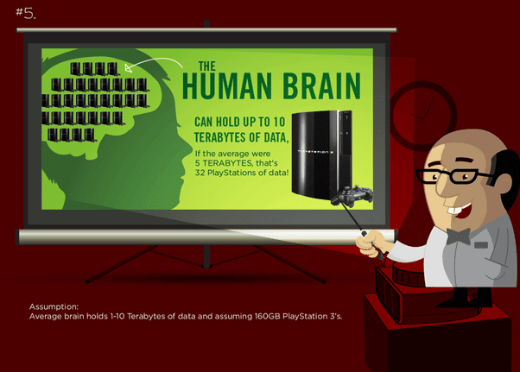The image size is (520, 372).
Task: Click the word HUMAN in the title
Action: [x=227, y=86]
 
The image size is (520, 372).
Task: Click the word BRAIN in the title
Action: [x=321, y=86]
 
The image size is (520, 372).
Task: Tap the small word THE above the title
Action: [x=207, y=66]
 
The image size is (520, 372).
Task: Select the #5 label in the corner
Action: [x=26, y=13]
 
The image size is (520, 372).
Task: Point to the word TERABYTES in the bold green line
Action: [x=226, y=137]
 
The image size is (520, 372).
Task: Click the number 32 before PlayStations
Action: [x=200, y=173]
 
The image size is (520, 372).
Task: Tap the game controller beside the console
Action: [x=352, y=195]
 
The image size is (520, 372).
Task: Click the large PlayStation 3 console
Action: [x=321, y=154]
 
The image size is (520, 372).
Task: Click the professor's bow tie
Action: [x=458, y=236]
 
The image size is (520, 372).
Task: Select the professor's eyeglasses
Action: [x=456, y=176]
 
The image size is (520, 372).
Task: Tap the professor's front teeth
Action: [x=454, y=210]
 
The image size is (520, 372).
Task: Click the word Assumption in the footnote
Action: [x=54, y=306]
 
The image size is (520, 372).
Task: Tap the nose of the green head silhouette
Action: [x=187, y=148]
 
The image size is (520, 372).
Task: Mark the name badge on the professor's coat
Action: [x=481, y=245]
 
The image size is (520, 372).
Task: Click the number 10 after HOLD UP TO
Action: [x=279, y=122]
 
